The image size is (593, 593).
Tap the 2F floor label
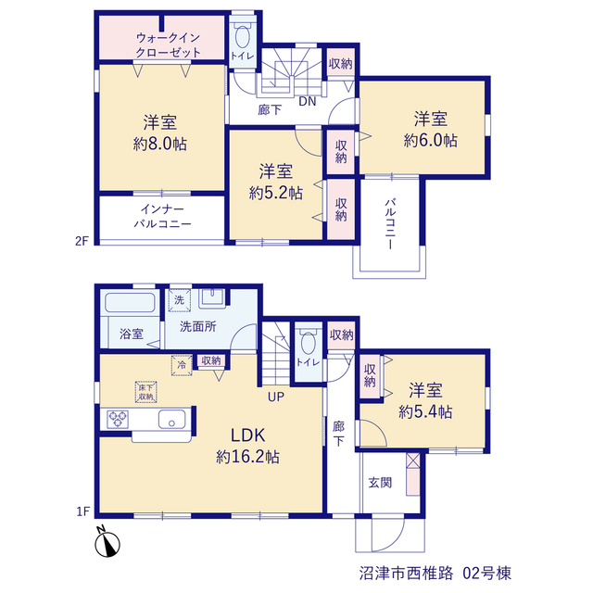[x=82, y=241]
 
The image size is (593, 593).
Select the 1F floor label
[x=82, y=511]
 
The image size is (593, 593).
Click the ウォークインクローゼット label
[x=168, y=45]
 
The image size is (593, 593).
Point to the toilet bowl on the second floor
[x=242, y=37]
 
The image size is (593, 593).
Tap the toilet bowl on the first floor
[x=309, y=343]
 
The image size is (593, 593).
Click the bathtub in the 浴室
[x=130, y=303]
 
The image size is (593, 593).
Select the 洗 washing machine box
[x=179, y=300]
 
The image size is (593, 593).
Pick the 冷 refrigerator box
[x=182, y=365]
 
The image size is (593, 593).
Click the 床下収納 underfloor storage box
[x=146, y=392]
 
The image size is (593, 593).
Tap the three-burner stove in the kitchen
[x=118, y=419]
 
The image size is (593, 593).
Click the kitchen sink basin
[x=172, y=419]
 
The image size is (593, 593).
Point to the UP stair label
[x=276, y=397]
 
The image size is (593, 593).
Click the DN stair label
[x=307, y=101]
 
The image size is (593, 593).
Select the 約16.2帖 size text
[x=247, y=457]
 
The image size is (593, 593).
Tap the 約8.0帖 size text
[x=159, y=144]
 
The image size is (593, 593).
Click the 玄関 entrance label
[x=380, y=483]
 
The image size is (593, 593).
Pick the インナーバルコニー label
[x=163, y=216]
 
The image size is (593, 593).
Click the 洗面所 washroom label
[x=197, y=326]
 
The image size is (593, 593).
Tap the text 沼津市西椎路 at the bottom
[x=406, y=574]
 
